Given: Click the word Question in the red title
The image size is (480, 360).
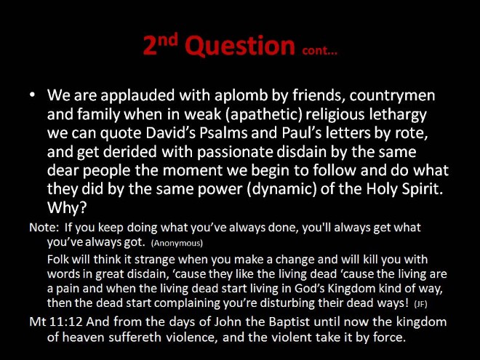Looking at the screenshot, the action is pos(240,47).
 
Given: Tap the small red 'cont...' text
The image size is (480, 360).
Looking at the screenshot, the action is pos(319,50).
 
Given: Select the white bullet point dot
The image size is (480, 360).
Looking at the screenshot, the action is pos(33,95).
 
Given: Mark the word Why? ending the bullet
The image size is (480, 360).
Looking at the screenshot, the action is pos(67,208).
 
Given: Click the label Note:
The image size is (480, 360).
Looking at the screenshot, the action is pos(44,228).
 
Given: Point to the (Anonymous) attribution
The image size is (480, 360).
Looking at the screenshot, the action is pos(177,243).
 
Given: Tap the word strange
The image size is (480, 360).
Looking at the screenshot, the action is pos(155,260).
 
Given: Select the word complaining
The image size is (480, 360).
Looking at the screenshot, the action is pos(187,303).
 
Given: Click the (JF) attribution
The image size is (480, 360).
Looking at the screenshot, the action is pos(420,304).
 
